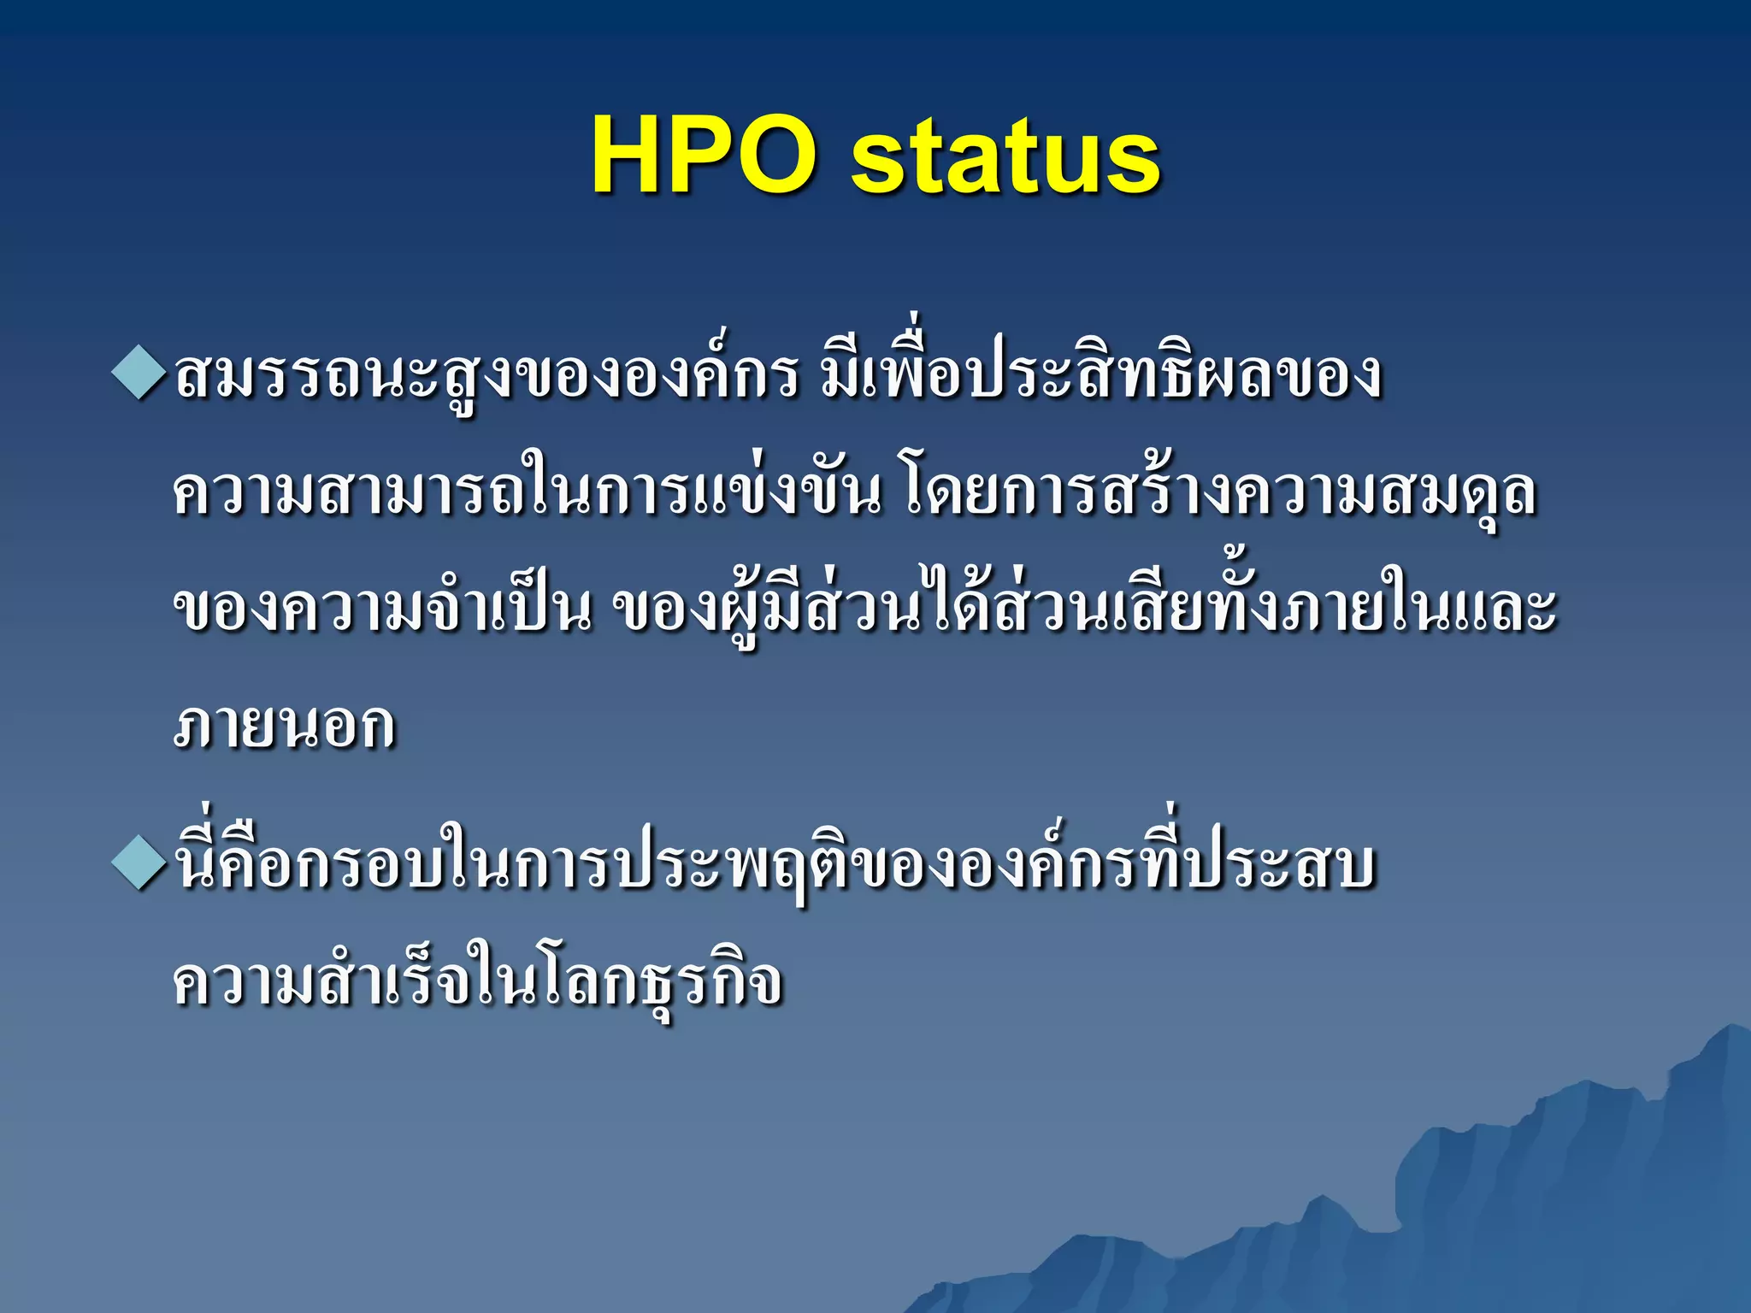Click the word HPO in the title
pos(702,156)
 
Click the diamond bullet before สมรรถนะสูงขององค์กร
pos(138,373)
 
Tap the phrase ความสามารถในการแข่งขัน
pos(526,494)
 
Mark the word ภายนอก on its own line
pos(284,727)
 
